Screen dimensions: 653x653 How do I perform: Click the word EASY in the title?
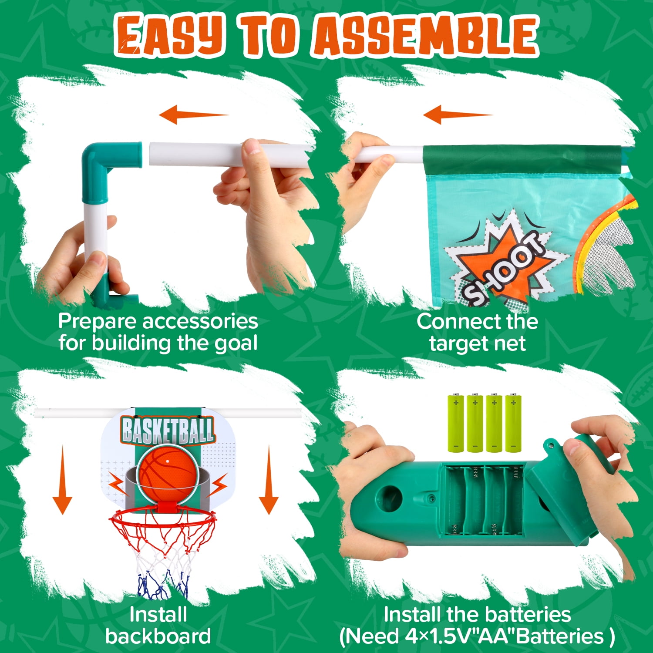tap(170, 35)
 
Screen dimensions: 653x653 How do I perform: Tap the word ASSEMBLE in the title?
tap(425, 35)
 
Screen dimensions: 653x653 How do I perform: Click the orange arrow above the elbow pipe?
tap(193, 114)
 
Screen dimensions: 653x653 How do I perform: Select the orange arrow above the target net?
tap(457, 114)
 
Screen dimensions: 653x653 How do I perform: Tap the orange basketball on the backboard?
tap(168, 474)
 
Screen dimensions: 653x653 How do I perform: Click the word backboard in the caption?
tap(158, 636)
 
